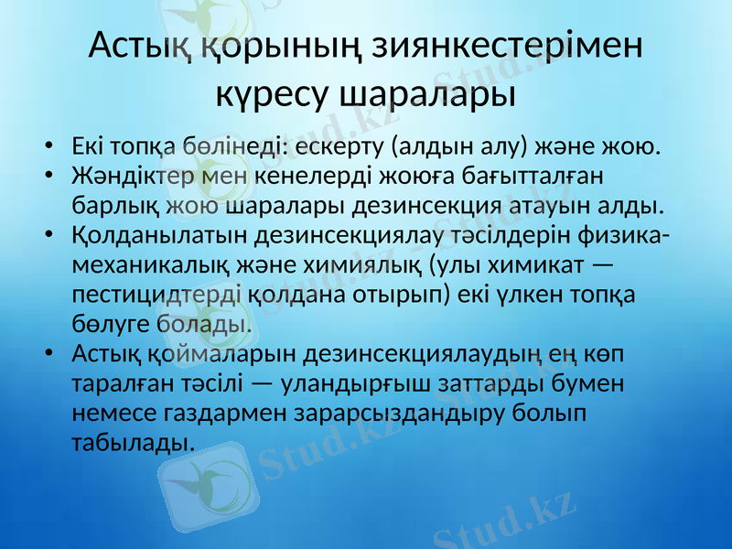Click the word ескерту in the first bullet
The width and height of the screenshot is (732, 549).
(339, 146)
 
